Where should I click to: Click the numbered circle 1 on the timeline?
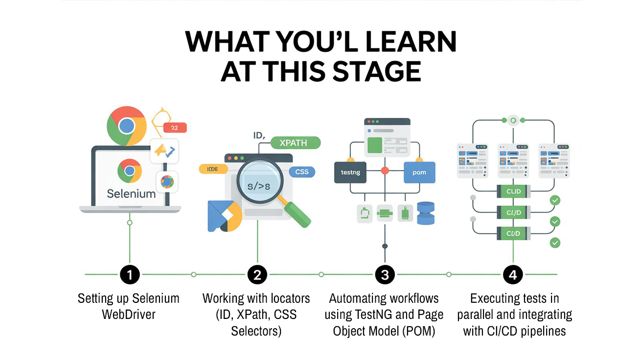(x=130, y=275)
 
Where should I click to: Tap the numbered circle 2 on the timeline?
(x=257, y=275)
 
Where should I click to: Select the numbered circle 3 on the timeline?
(x=385, y=275)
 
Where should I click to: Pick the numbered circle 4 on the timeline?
(x=513, y=275)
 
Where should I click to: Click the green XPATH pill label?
(x=293, y=143)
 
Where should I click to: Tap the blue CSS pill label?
(x=302, y=172)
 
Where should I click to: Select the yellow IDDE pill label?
(x=213, y=169)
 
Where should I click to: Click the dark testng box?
(x=350, y=172)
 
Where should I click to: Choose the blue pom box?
(x=419, y=172)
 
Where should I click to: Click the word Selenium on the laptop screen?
(x=131, y=194)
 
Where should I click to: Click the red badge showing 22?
(x=175, y=128)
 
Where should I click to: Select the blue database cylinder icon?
(x=426, y=213)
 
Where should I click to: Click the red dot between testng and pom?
(x=385, y=171)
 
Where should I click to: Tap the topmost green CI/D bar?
(x=513, y=191)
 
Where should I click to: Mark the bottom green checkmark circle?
(x=555, y=243)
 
